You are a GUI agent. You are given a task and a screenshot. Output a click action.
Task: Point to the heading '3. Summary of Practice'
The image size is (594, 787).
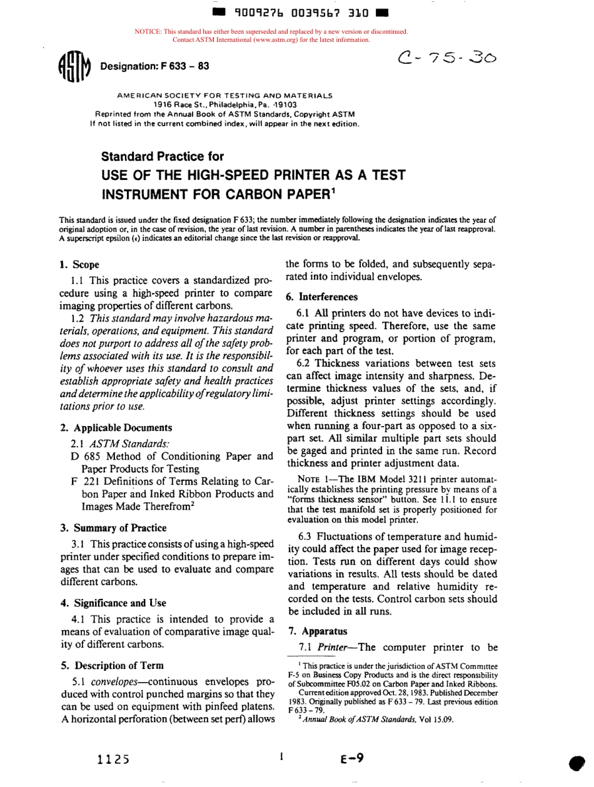click(x=113, y=528)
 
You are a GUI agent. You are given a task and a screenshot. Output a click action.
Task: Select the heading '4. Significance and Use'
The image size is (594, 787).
click(x=113, y=603)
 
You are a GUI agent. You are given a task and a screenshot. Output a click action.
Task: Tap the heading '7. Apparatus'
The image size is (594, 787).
click(x=312, y=631)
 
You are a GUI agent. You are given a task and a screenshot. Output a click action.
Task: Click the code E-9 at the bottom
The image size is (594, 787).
click(x=352, y=758)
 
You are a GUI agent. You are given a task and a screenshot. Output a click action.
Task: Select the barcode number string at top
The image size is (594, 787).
click(x=301, y=12)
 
